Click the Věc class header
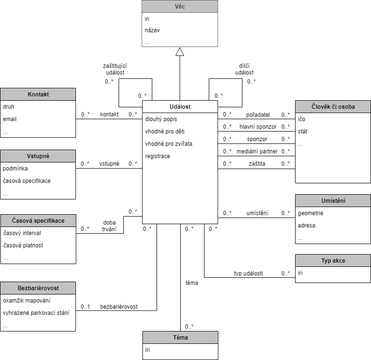tap(180, 6)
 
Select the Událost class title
tap(180, 106)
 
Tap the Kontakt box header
tap(38, 94)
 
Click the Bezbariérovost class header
tap(38, 288)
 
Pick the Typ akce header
tap(333, 261)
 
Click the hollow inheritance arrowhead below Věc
tap(180, 52)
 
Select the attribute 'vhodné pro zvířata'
tap(169, 144)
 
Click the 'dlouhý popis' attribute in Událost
tap(161, 119)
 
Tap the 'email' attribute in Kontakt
tap(9, 119)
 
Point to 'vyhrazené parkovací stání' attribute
tap(36, 313)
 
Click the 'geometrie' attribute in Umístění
tap(310, 213)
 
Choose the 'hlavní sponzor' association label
tap(258, 127)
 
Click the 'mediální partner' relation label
tap(257, 152)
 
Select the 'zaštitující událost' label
tap(115, 69)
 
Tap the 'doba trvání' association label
tap(109, 226)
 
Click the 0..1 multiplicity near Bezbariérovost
tap(85, 307)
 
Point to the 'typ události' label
tap(249, 273)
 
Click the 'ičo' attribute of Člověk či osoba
tap(301, 119)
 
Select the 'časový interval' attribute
tap(22, 233)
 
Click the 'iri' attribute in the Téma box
tap(148, 350)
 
